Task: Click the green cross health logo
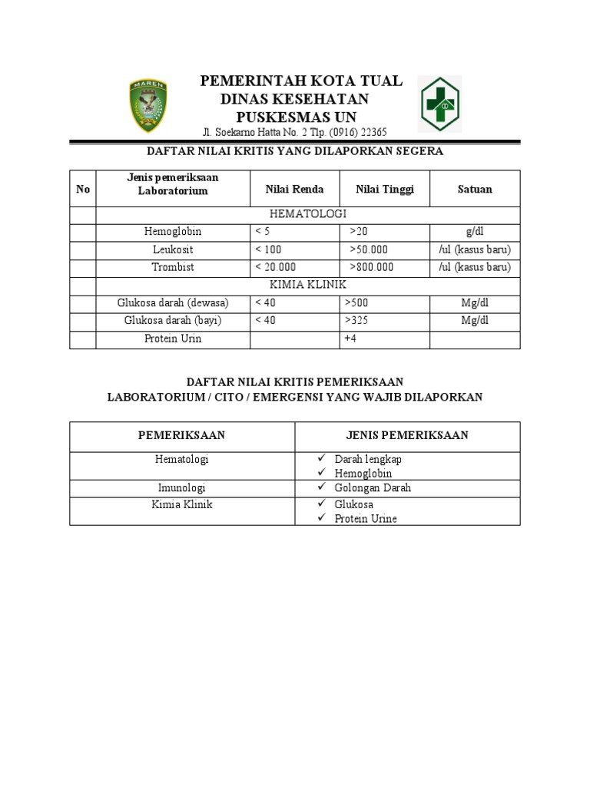coord(439,104)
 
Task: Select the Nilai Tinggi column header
coord(384,190)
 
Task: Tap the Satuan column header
coord(475,190)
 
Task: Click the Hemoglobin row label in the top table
coord(173,232)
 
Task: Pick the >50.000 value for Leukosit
coord(369,249)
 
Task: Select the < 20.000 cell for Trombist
coord(275,267)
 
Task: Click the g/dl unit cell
coord(475,232)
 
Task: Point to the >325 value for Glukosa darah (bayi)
coord(357,321)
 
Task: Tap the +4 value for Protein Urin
coord(350,339)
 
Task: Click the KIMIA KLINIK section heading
coord(308,285)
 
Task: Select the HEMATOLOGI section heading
coord(308,214)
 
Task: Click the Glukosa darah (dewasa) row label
coord(173,303)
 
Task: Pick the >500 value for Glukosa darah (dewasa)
coord(357,303)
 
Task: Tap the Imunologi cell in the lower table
coord(181,488)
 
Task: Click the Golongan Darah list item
coord(373,488)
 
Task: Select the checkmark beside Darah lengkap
coord(323,459)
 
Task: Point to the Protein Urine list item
coord(366,519)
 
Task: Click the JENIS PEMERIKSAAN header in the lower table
coord(407,436)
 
